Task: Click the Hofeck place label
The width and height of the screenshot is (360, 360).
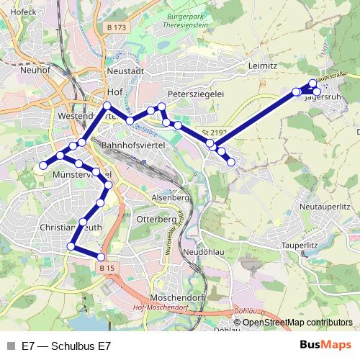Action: (24, 12)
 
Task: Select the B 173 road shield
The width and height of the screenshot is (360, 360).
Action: (115, 27)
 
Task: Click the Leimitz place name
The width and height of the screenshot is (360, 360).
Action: (262, 66)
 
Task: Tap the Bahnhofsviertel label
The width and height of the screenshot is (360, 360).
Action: (133, 145)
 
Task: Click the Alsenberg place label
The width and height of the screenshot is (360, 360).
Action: (170, 197)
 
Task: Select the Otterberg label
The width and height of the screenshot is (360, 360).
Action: (156, 218)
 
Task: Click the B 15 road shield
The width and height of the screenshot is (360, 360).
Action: (107, 268)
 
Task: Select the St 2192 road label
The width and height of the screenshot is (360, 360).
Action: (214, 132)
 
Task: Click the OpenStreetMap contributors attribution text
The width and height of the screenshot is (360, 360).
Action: (297, 323)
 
